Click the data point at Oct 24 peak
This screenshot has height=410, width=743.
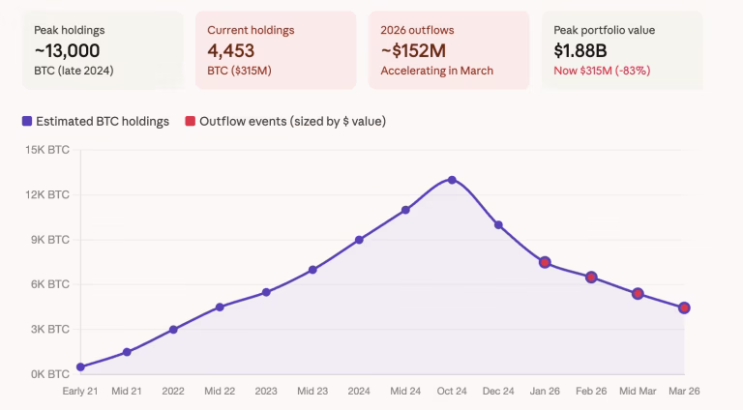pos(452,180)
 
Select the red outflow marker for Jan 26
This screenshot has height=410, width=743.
pos(545,262)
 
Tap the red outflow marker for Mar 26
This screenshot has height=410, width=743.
pos(684,307)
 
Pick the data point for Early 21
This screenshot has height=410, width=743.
pos(80,366)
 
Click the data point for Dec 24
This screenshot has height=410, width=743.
pos(498,224)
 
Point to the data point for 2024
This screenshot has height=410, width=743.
pos(359,240)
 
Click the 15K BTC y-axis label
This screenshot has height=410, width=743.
pos(46,150)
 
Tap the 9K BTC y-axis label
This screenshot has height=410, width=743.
pos(46,239)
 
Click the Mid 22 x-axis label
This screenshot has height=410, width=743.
pos(220,392)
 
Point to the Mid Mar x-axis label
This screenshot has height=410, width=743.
pos(638,392)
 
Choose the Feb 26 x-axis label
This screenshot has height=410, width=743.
pos(591,392)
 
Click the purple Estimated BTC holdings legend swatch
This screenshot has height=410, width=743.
pos(26,122)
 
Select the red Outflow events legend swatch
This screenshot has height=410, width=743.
pos(190,122)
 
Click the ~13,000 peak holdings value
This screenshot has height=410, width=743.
pos(67,50)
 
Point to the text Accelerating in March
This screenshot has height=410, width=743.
pos(436,71)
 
